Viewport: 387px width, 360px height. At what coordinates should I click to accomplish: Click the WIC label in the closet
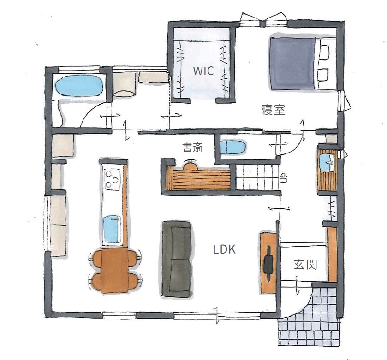(x=203, y=71)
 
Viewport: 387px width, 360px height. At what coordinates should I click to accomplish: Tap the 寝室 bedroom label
(x=273, y=110)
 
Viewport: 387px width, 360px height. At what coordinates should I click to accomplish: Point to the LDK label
(x=225, y=249)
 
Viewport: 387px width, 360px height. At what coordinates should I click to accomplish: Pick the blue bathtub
(x=78, y=86)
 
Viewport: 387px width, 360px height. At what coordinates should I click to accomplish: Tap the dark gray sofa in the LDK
(x=176, y=259)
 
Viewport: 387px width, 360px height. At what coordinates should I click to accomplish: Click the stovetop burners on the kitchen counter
(x=113, y=179)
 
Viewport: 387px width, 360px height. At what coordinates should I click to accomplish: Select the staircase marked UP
(x=256, y=177)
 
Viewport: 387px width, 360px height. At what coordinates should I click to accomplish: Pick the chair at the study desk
(x=190, y=165)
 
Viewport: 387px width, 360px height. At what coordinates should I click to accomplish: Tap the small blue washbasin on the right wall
(x=327, y=161)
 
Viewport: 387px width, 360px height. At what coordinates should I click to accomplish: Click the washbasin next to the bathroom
(x=124, y=85)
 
